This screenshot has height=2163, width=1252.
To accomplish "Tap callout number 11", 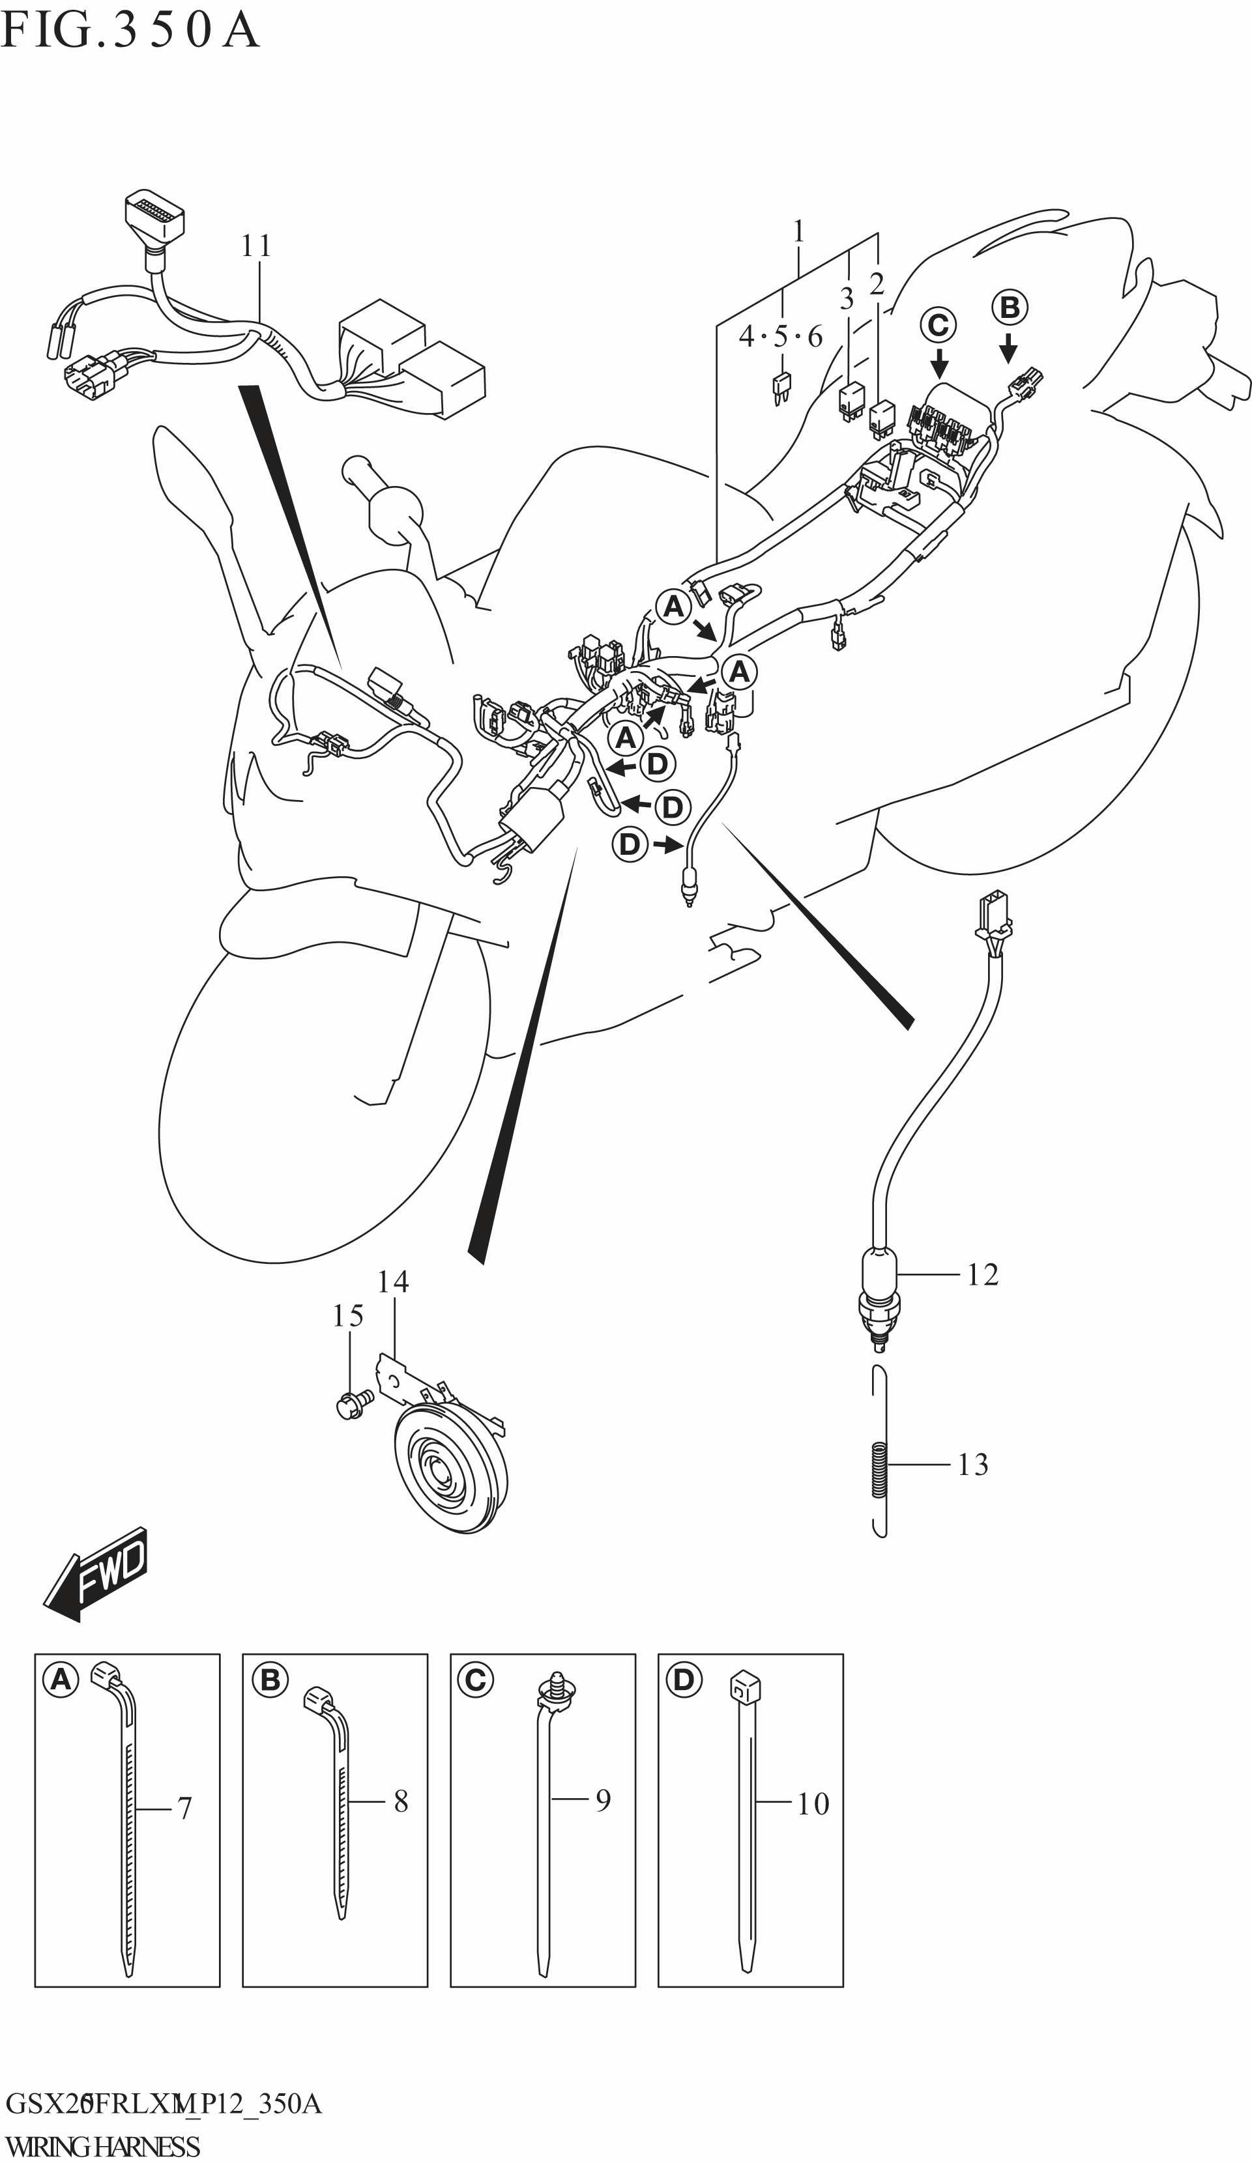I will [x=256, y=246].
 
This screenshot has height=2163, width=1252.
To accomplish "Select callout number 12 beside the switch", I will [x=982, y=1274].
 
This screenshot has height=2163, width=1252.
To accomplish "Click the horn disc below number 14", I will [x=448, y=1471].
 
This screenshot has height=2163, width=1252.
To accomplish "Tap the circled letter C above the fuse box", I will [x=938, y=324].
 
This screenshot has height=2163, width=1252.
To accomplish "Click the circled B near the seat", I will [x=1009, y=308].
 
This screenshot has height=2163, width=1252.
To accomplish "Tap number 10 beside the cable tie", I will [x=812, y=1803].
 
